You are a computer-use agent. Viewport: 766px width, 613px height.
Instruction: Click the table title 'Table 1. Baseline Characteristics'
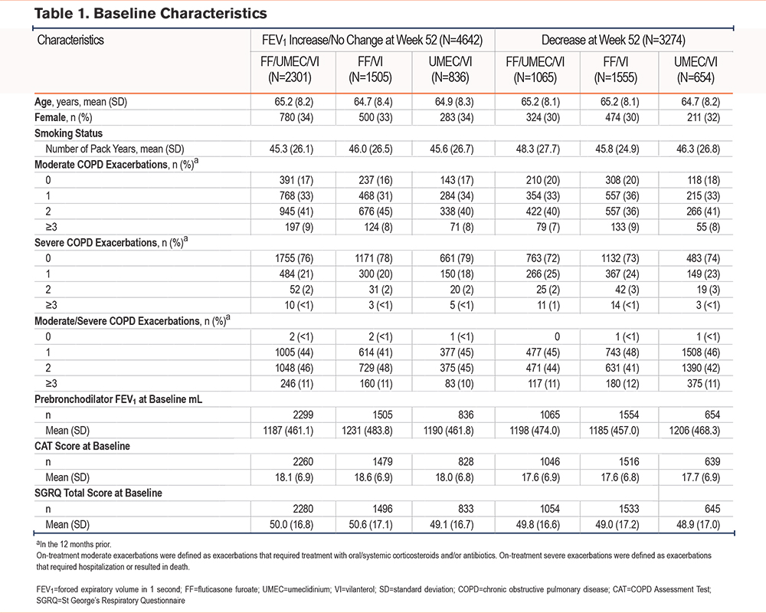150,13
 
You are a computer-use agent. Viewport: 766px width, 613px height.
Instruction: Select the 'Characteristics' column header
70,40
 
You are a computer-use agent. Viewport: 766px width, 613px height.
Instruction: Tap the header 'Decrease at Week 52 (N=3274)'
613,40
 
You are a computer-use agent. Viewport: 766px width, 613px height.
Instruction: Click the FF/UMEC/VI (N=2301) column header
290,70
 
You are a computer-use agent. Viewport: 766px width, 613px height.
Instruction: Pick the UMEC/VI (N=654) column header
696,70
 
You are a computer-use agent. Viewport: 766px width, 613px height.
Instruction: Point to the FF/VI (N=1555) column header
616,70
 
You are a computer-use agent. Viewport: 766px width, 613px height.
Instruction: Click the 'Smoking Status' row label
68,133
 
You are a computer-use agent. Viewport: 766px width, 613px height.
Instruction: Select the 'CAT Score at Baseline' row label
82,446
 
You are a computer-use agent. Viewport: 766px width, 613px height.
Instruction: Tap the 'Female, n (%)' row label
63,118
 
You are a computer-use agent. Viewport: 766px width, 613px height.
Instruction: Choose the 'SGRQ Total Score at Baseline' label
98,493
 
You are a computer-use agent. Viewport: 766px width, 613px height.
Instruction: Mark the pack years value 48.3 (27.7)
538,149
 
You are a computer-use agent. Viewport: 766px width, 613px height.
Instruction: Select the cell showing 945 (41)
296,211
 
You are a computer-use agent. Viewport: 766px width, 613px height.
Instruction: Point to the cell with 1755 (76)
294,258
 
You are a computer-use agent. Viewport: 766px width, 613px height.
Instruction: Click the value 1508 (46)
701,352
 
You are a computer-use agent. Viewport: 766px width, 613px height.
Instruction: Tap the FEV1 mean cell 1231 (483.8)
367,431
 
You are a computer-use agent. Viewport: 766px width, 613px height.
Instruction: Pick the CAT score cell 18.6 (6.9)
373,477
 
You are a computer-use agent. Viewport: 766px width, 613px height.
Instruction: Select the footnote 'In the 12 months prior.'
74,544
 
